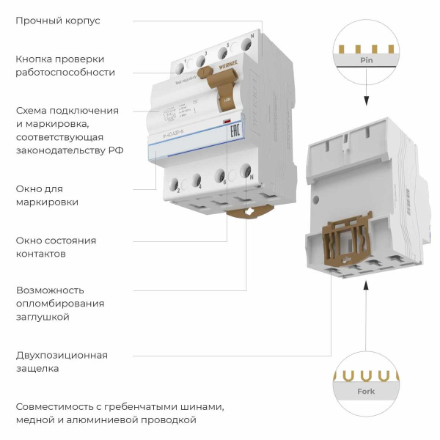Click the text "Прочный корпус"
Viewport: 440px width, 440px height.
click(58, 21)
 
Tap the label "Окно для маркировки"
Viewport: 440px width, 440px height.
click(48, 195)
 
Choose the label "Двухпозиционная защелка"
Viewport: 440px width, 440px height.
click(62, 362)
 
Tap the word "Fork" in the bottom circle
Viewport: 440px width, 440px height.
click(365, 392)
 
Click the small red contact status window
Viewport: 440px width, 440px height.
click(227, 121)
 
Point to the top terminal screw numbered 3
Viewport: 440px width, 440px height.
click(200, 59)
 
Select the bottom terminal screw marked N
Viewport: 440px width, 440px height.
click(246, 175)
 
